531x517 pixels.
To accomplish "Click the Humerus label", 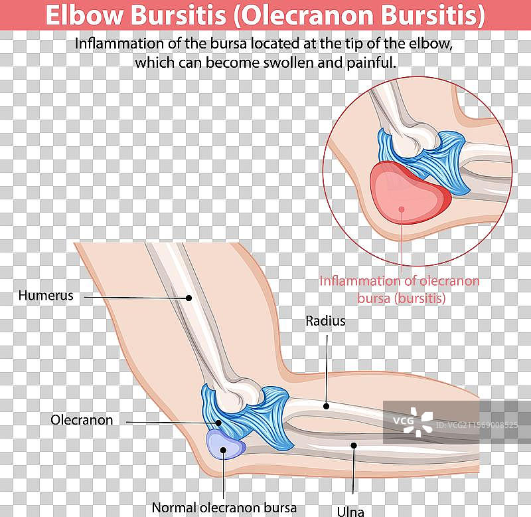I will (x=46, y=295).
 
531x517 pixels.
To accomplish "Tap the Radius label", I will (x=325, y=321).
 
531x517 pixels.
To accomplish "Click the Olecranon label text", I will (x=82, y=420).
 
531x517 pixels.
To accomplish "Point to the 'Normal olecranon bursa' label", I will (x=224, y=508).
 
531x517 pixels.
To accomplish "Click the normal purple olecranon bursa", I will (x=224, y=444).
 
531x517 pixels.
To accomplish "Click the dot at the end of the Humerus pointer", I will (x=189, y=298).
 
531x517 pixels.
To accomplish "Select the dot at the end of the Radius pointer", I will (x=326, y=405).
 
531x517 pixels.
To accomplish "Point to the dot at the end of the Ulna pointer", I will (x=354, y=445).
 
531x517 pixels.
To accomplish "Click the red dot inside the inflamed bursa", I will (x=401, y=209).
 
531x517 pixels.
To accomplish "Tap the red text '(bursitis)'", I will (x=420, y=298).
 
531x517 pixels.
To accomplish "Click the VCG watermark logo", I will (x=418, y=421).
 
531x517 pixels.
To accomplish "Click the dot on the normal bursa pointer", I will (x=224, y=450).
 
